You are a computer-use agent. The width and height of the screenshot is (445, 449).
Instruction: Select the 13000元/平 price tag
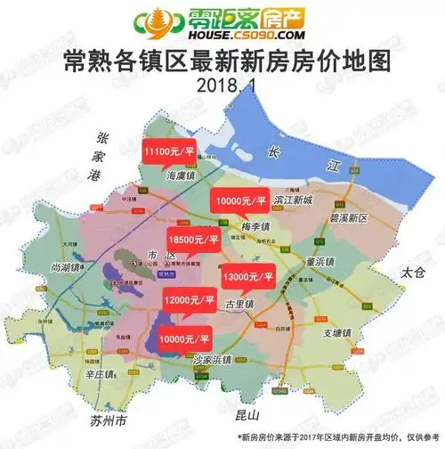coord(248,278)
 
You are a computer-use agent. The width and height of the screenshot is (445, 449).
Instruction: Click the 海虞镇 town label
coord(184,177)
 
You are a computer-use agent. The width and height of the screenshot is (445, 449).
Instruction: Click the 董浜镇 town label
coord(318,262)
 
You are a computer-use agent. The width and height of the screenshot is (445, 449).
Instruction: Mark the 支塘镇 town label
coord(336,333)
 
